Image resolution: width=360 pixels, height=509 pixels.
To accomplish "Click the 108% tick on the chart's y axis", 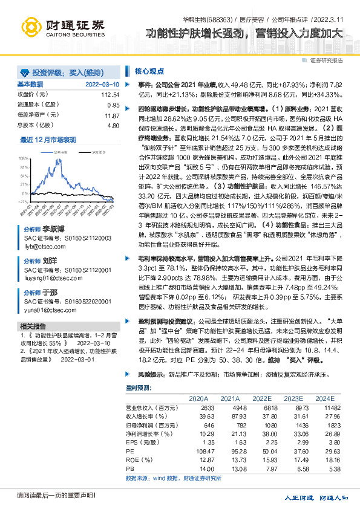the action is pos(22,156).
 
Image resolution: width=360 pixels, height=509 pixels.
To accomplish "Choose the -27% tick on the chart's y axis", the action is pos(22,201).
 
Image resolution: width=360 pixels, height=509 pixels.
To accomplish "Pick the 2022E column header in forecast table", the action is pos(261,398).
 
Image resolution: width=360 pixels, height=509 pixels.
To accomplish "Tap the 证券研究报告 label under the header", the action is pos(326,60).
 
